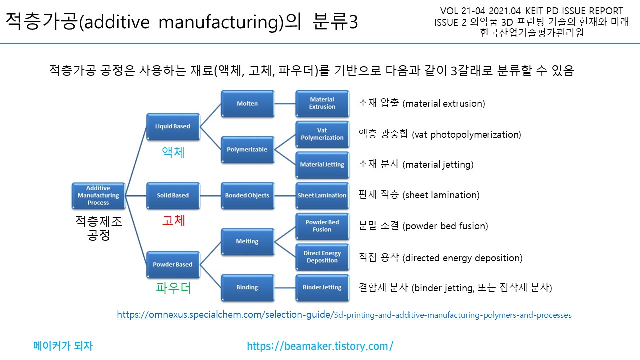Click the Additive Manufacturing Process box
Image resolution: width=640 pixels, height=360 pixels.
(x=98, y=195)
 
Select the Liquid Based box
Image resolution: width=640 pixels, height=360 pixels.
(x=172, y=126)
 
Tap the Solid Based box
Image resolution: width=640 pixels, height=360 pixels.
(x=172, y=195)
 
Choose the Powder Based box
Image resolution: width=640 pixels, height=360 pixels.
(x=172, y=264)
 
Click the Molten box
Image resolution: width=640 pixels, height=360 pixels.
(x=247, y=103)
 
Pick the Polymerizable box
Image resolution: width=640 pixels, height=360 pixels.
(x=247, y=149)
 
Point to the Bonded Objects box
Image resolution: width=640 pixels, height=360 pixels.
(x=247, y=195)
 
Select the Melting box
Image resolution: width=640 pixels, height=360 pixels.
(x=247, y=241)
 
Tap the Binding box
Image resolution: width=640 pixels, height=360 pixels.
(x=247, y=287)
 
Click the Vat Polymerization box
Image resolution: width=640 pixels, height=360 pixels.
(x=322, y=134)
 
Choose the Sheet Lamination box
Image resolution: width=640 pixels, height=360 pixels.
(x=322, y=195)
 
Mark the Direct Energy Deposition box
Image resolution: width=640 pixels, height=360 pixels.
(x=322, y=257)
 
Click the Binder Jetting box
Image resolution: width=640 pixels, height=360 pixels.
(x=322, y=287)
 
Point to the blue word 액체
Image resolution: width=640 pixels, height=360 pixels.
(x=173, y=152)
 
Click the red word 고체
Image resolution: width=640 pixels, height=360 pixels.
(x=173, y=220)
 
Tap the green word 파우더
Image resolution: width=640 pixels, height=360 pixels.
(x=173, y=288)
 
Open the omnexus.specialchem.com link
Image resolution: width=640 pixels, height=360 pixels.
(x=344, y=315)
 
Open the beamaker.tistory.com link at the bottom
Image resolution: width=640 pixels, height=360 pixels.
(x=320, y=346)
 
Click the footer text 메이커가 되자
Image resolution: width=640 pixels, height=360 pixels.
(x=63, y=346)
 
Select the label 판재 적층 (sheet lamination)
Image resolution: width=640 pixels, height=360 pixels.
(x=419, y=195)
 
